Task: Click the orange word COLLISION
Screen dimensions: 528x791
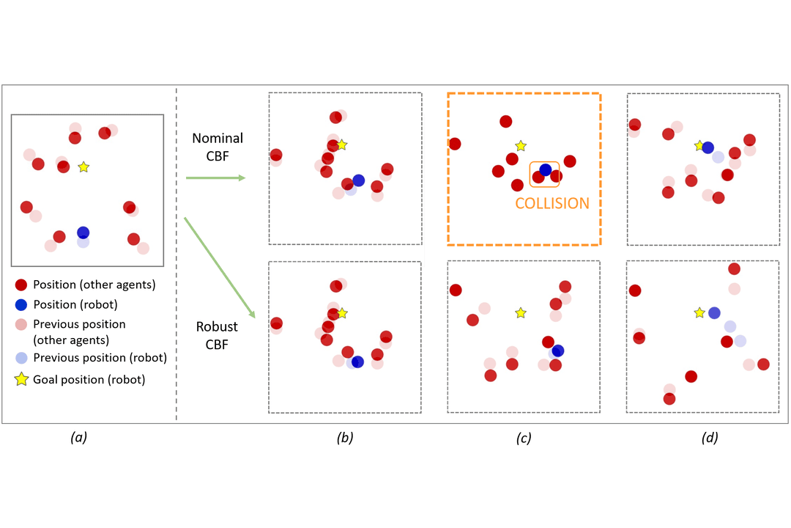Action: click(552, 203)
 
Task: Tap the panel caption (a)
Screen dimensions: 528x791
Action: click(78, 438)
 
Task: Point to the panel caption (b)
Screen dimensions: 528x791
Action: click(345, 438)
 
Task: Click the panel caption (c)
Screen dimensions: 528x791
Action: click(524, 438)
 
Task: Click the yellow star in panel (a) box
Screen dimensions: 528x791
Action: click(83, 167)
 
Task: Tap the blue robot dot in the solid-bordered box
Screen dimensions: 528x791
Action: click(83, 232)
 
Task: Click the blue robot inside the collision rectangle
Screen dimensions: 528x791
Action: click(546, 170)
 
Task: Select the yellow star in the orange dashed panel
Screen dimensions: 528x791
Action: click(520, 146)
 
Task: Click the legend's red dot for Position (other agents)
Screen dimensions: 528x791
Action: click(21, 284)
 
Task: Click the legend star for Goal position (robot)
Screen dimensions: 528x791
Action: click(21, 379)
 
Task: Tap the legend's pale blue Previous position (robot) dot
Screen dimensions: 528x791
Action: click(21, 358)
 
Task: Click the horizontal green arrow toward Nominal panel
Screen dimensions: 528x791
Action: click(215, 177)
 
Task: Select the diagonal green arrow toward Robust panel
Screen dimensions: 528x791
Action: click(219, 268)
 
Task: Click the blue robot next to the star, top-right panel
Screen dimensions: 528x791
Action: click(708, 147)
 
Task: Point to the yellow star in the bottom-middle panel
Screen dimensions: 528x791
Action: click(520, 313)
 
